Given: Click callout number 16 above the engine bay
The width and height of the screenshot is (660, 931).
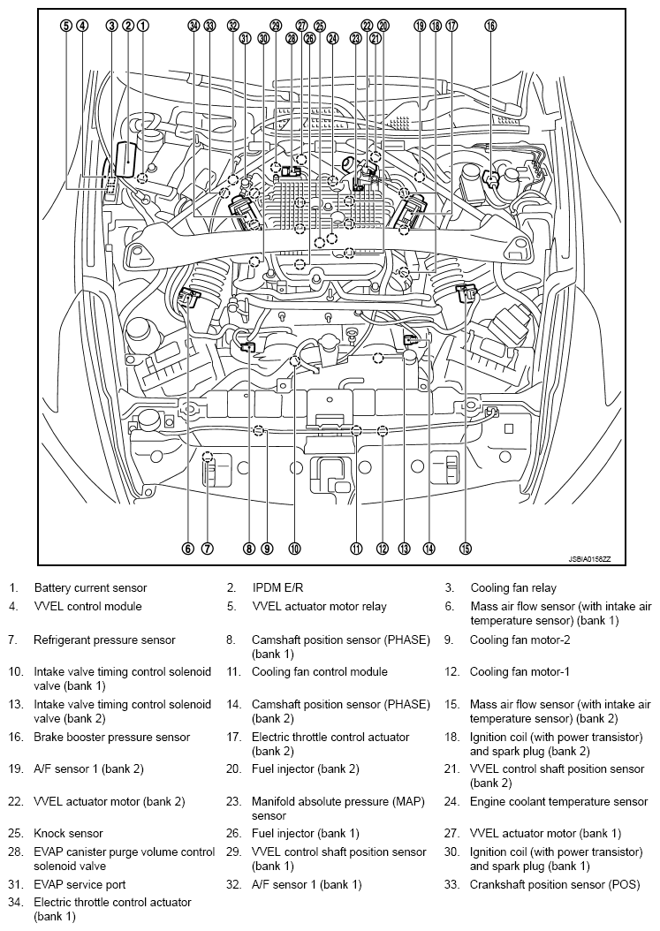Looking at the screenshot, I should coord(490,26).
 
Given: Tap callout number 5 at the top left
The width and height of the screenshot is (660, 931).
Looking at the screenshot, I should coord(65,26).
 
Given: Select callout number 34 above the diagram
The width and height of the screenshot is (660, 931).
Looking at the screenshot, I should coord(193,26).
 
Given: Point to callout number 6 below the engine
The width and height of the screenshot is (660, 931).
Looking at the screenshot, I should coord(187,549).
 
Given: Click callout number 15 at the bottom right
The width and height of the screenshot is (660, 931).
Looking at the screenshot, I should coord(466,549).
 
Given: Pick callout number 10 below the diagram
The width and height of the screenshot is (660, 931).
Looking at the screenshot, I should coord(294,549).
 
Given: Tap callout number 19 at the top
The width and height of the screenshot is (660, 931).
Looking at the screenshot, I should coord(420,26).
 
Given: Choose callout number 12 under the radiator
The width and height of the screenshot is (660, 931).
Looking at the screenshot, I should coord(382,549).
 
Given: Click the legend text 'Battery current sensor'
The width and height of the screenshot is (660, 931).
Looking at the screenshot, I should coord(90,587).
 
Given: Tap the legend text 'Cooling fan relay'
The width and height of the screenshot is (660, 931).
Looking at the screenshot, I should coord(513,587).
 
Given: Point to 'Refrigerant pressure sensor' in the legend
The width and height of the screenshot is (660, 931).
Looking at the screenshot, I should coord(104,640).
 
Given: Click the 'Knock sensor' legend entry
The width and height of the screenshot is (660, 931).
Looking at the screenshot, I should coord(68,833).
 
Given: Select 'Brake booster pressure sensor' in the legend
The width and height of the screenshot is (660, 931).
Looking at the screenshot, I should coord(111,737).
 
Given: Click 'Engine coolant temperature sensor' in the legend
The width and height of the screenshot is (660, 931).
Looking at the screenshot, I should coord(558,802).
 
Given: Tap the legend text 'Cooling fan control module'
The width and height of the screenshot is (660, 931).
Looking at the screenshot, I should coord(319,672).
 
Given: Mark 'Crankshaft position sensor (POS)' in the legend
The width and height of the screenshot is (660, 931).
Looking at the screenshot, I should coord(557,884).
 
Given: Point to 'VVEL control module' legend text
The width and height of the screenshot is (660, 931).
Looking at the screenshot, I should coord(87,607).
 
